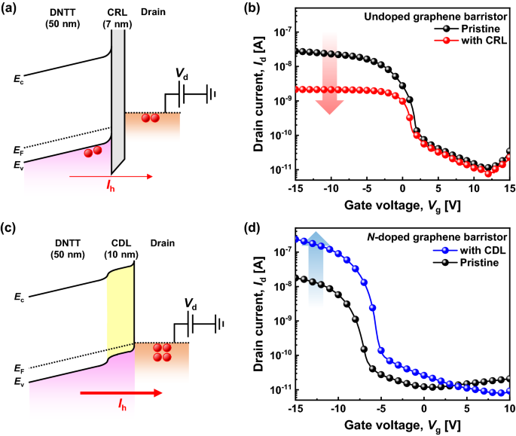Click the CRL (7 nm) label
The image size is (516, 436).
116,20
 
